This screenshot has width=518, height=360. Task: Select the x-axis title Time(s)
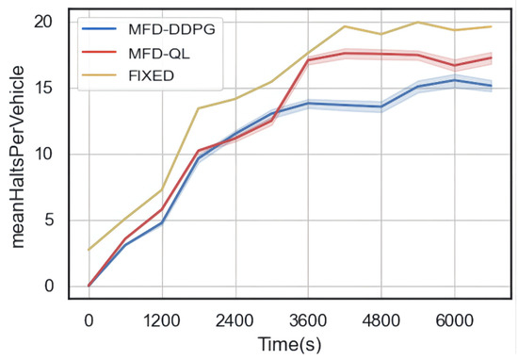coord(291,345)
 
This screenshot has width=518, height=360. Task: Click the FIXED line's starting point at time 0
coord(89,250)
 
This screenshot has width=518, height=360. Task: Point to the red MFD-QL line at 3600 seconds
coord(308,59)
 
